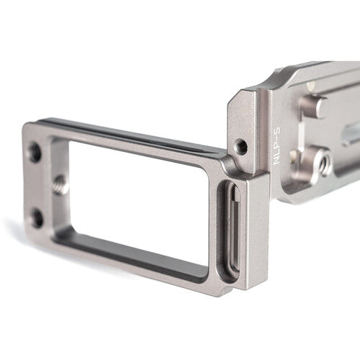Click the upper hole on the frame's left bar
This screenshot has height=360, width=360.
click(35, 152)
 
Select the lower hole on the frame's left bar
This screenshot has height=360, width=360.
click(36, 217)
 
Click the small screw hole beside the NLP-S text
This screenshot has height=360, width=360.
click(242, 146)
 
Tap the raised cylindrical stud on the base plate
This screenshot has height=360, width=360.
click(311, 106)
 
